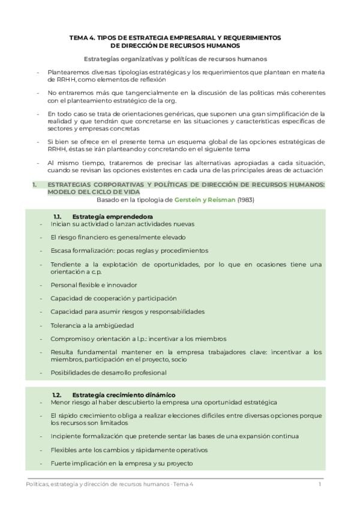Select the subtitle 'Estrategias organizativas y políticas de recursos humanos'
[175, 59]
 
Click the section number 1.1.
[58, 216]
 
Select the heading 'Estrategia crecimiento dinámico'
[124, 394]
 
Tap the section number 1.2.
[58, 394]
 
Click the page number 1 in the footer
[320, 484]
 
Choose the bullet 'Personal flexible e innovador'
[94, 285]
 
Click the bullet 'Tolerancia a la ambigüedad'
[92, 325]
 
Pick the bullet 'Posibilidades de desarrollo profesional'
[109, 372]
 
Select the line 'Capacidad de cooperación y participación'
[113, 298]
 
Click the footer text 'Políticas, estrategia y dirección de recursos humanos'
[98, 484]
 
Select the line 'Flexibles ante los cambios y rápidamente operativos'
[129, 450]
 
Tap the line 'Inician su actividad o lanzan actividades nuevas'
[122, 223]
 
